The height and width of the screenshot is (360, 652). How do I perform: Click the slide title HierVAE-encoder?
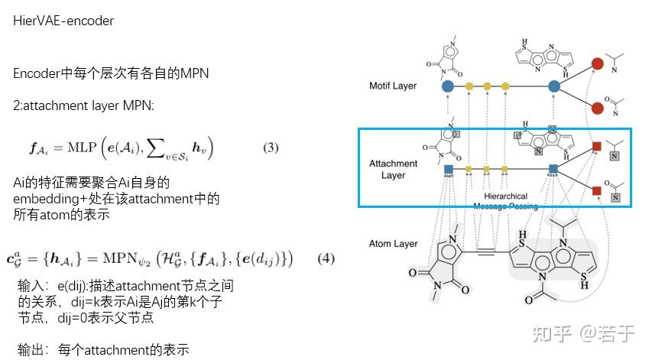tap(63, 21)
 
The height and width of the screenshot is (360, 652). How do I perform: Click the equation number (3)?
tap(271, 148)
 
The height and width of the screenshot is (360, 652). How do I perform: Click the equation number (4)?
tap(326, 258)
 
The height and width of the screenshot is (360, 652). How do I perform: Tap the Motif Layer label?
tap(393, 86)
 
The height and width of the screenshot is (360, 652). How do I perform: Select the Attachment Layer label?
tap(393, 169)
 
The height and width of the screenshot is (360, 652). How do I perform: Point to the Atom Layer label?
tap(393, 244)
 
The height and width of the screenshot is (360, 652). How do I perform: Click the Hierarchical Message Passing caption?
tap(506, 201)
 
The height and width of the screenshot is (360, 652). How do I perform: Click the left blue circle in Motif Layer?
tap(448, 86)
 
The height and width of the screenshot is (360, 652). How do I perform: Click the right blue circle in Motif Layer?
tap(554, 86)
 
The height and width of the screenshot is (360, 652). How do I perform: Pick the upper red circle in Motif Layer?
tap(597, 64)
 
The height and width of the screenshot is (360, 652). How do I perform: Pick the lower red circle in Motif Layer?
tap(597, 108)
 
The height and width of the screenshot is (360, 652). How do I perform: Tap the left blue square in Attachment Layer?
tap(448, 169)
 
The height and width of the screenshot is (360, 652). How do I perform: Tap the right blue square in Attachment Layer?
tap(554, 169)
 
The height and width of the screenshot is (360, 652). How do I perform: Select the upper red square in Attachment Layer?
tap(597, 146)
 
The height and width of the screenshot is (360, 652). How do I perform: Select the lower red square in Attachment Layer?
tap(597, 190)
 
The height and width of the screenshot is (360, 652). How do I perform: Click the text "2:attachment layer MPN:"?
tap(83, 105)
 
